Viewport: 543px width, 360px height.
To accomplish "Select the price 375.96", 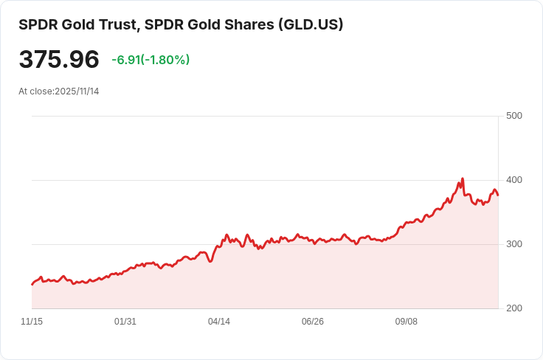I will click(59, 60).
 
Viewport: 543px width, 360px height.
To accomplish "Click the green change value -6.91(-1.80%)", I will click(151, 60).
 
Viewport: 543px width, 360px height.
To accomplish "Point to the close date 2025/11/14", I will click(77, 91).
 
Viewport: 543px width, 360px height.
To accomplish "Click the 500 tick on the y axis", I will click(514, 116).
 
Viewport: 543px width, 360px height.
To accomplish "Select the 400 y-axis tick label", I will click(514, 180).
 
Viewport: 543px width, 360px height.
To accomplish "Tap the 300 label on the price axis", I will click(514, 244).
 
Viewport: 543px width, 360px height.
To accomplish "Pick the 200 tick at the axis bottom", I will click(514, 308).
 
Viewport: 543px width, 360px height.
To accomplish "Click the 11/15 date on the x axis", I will click(32, 322).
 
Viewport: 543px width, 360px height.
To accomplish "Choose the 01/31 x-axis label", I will click(125, 322).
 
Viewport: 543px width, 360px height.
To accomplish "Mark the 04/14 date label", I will click(219, 322).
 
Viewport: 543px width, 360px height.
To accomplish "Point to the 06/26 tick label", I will click(313, 322).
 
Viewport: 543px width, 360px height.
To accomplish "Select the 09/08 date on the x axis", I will click(407, 322).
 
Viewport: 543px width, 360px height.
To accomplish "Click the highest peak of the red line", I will click(463, 179).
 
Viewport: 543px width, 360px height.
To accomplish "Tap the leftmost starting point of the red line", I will click(32, 284).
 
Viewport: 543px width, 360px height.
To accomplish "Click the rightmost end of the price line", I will click(498, 195).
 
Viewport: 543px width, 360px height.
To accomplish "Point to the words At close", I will click(35, 91).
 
